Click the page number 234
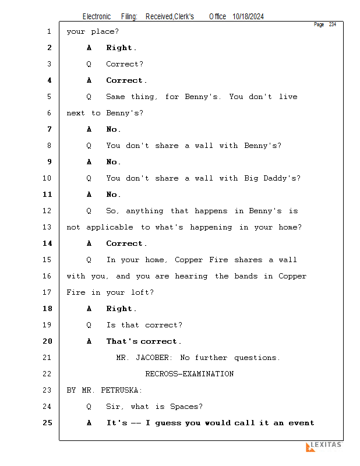pos(332,24)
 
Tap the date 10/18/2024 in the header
pos(248,17)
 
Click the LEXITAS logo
pos(324,446)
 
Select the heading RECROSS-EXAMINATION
pos(189,374)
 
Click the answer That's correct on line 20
pos(143,341)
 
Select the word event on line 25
pos(301,423)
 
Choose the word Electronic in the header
pos(97,17)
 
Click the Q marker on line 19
pos(89,325)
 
